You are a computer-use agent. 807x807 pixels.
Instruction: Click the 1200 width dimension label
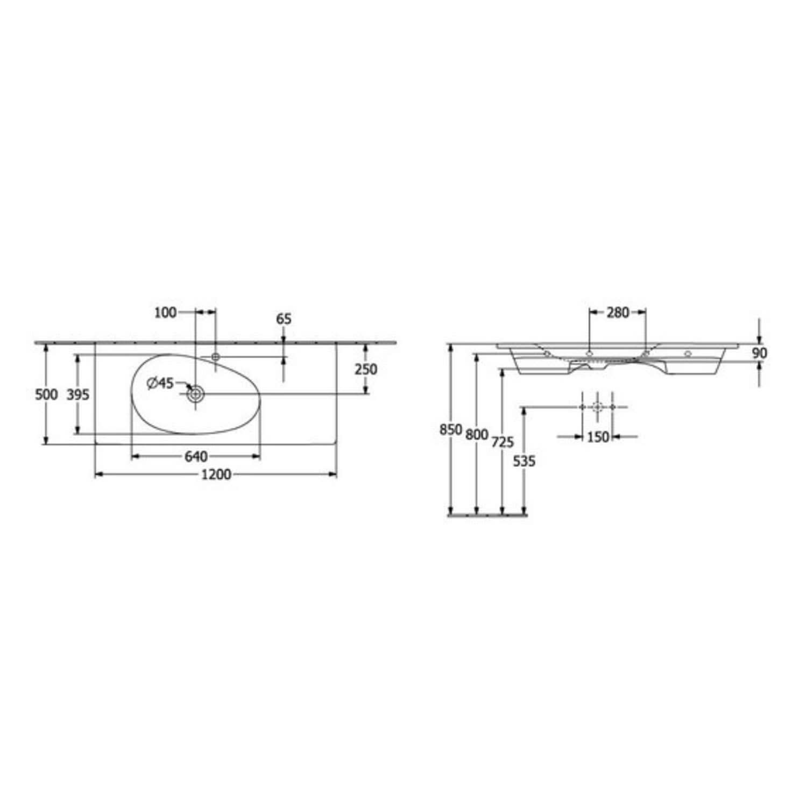pyautogui.click(x=216, y=475)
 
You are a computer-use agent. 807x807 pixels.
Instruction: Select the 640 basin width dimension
pyautogui.click(x=196, y=457)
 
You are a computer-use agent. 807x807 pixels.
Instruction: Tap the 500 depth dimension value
pyautogui.click(x=46, y=395)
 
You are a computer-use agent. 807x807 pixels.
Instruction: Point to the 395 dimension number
pyautogui.click(x=77, y=395)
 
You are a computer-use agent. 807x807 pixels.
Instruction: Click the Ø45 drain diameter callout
pyautogui.click(x=160, y=383)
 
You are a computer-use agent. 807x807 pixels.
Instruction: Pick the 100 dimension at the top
pyautogui.click(x=165, y=313)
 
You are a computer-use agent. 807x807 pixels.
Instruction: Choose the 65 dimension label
pyautogui.click(x=284, y=319)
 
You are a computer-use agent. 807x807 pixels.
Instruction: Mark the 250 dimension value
pyautogui.click(x=366, y=370)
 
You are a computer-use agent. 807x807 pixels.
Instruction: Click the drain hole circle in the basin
pyautogui.click(x=195, y=394)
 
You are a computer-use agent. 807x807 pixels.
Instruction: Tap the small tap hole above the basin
pyautogui.click(x=216, y=357)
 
